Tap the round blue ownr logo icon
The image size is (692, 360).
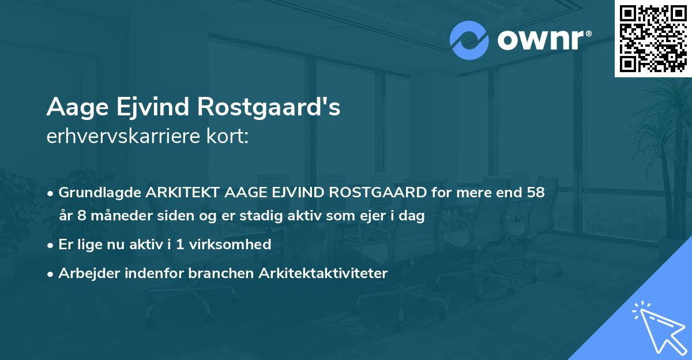469,40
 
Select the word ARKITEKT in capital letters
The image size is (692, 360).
180,193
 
